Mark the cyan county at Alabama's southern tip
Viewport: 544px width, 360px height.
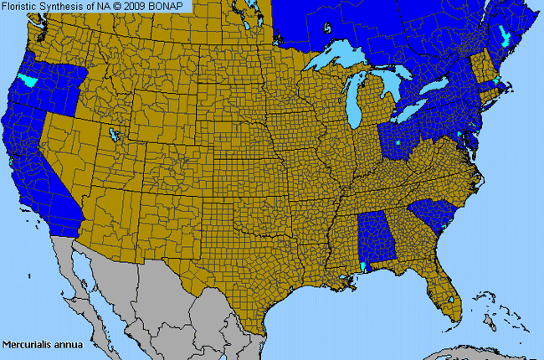coord(362,266)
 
